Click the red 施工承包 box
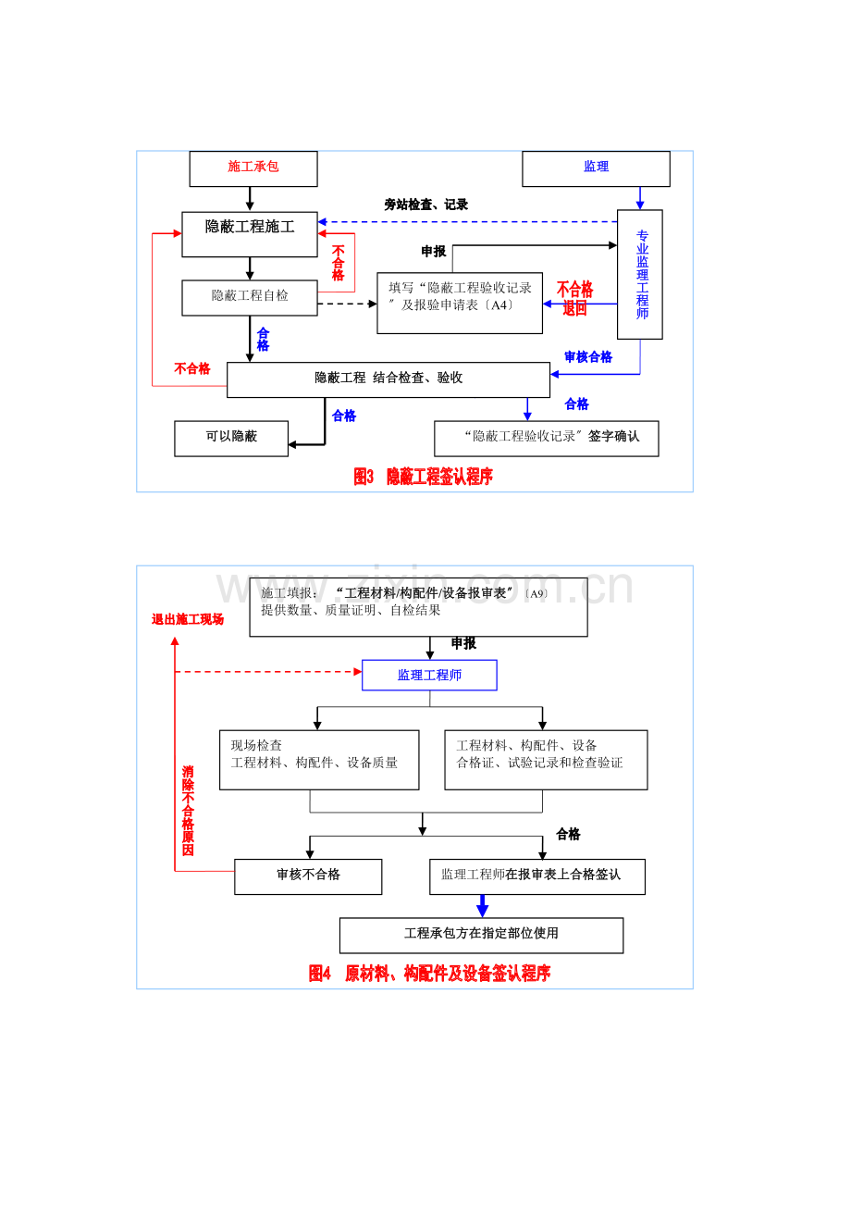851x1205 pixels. pyautogui.click(x=253, y=168)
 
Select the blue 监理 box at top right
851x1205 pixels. pyautogui.click(x=596, y=168)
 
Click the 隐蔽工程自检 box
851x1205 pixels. pyautogui.click(x=250, y=297)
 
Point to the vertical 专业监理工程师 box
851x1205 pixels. pyautogui.click(x=640, y=274)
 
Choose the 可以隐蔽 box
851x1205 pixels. pyautogui.click(x=231, y=438)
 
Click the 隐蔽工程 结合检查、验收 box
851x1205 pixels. pyautogui.click(x=388, y=379)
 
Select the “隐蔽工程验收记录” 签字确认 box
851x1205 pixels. pyautogui.click(x=547, y=438)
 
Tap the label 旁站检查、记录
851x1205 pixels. pyautogui.click(x=426, y=205)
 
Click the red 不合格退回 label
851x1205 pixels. pyautogui.click(x=574, y=299)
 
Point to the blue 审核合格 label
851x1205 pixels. pyautogui.click(x=588, y=357)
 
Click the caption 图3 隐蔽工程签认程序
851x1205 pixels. pyautogui.click(x=424, y=477)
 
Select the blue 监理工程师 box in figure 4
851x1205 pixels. pyautogui.click(x=429, y=675)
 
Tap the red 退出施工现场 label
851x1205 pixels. pyautogui.click(x=188, y=619)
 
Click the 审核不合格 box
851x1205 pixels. pyautogui.click(x=308, y=876)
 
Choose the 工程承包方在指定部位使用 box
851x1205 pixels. pyautogui.click(x=481, y=935)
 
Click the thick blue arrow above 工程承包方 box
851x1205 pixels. pyautogui.click(x=482, y=906)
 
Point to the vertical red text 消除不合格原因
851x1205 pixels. pyautogui.click(x=188, y=811)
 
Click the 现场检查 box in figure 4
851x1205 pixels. pyautogui.click(x=319, y=759)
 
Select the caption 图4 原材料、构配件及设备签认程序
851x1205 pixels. pyautogui.click(x=429, y=974)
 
